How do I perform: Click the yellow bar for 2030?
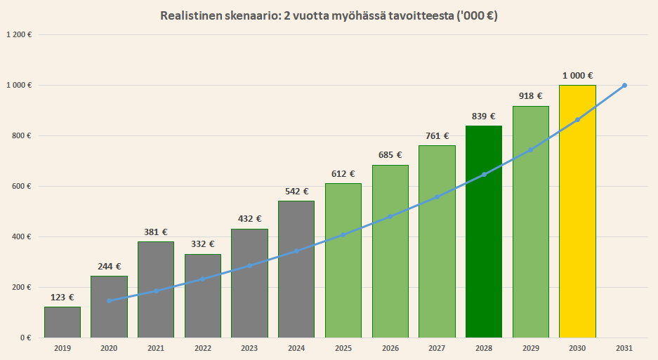coord(577,211)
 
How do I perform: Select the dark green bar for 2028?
coord(484,232)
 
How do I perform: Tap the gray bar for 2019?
coord(62,322)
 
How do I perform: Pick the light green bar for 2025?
coord(343,260)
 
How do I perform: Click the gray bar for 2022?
coord(203,295)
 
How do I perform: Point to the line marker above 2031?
coord(624,86)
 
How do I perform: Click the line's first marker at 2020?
coord(109,300)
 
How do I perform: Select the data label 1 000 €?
coord(577,75)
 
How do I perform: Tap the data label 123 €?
coord(62,297)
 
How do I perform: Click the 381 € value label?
coord(156,232)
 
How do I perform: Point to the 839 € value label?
coord(484,116)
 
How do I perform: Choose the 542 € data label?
coord(296,191)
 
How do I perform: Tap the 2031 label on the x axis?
coord(624,348)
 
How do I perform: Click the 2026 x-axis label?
coord(390,348)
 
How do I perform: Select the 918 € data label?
coord(531,96)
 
